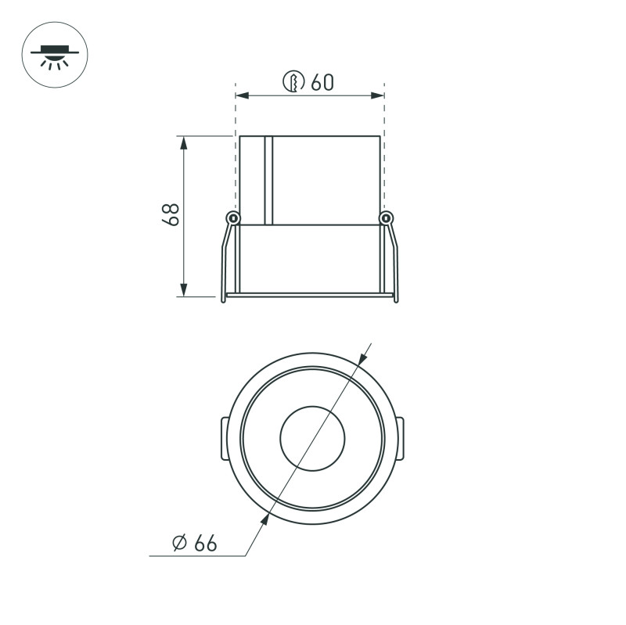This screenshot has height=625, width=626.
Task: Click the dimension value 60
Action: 322,82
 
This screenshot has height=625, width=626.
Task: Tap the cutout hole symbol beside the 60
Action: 293,82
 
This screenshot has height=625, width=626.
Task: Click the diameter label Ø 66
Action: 194,543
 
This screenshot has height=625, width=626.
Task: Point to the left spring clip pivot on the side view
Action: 232,217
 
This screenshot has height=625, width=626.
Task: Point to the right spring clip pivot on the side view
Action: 384,217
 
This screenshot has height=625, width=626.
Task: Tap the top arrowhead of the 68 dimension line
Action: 185,142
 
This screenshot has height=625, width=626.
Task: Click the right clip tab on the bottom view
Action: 402,438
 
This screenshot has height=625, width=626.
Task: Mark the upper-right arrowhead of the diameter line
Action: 362,358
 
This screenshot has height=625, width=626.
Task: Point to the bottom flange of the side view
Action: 309,296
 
